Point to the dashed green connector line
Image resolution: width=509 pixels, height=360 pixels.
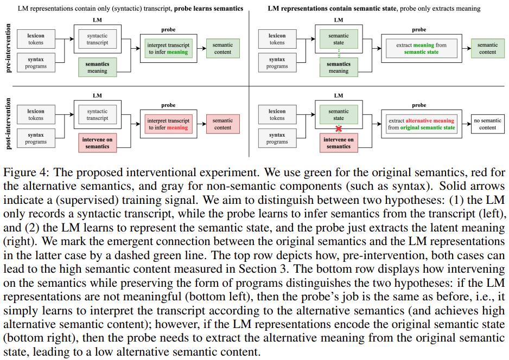tap(339, 53)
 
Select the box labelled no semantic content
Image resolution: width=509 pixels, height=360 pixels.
tap(487, 124)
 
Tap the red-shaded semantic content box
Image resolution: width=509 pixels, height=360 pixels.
tap(222, 124)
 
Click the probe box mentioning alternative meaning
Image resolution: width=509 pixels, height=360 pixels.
tap(422, 124)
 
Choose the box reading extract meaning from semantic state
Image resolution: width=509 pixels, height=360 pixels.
tap(422, 49)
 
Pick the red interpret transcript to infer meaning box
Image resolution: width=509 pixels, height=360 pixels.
tap(168, 124)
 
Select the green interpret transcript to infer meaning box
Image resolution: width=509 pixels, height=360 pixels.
tap(168, 49)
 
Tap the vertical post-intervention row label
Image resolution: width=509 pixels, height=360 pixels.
tap(9, 124)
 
